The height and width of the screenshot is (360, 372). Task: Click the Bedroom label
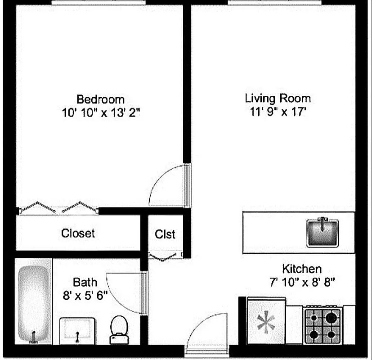point(100,99)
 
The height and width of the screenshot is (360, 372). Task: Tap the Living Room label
point(278,98)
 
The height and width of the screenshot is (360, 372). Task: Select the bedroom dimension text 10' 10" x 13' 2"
point(101,113)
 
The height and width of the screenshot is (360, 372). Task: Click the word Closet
point(78,233)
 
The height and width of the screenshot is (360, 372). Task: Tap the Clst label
point(165,234)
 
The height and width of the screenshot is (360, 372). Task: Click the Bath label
point(85,283)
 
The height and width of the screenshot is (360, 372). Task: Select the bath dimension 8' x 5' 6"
point(85,296)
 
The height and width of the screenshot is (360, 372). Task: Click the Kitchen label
point(301,269)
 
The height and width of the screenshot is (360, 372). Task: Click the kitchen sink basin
point(322,232)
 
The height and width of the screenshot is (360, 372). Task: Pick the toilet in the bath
point(119,329)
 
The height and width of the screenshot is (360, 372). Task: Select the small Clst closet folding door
point(165,256)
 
